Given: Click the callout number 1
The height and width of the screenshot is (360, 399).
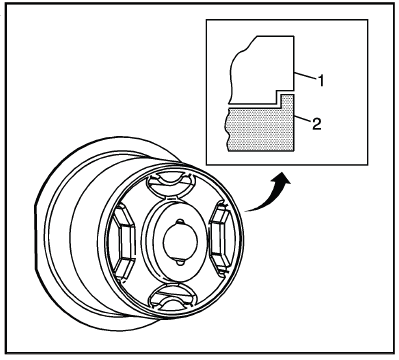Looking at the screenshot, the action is tap(321, 81).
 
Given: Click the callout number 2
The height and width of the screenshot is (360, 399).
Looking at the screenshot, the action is tap(316, 124).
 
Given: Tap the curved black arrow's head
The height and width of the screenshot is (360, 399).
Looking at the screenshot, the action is tap(284, 179).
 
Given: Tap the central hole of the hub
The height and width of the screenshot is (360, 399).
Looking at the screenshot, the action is tap(180, 242).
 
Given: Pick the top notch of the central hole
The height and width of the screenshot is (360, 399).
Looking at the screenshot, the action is tap(180, 222).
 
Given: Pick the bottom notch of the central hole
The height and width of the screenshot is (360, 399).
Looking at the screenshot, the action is tap(180, 263).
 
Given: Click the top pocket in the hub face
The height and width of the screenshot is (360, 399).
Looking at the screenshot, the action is tap(171, 184).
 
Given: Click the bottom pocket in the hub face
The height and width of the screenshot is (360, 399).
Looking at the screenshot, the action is tap(172, 297).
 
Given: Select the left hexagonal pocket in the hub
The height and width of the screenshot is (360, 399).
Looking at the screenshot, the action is tap(124, 242).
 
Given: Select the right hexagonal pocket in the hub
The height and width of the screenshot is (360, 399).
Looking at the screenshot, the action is tap(222, 238).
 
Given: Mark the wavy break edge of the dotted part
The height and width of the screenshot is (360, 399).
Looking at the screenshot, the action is tap(227, 129).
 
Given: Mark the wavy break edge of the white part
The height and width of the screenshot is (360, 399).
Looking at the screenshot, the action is tap(237, 68).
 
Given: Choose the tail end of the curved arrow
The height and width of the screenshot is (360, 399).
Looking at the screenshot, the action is tap(246, 211).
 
